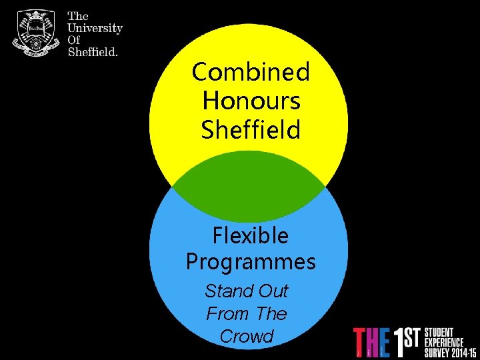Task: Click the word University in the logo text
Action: pyautogui.click(x=95, y=28)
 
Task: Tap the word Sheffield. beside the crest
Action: pyautogui.click(x=93, y=52)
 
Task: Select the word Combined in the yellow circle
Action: pyautogui.click(x=251, y=71)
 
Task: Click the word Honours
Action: pyautogui.click(x=251, y=101)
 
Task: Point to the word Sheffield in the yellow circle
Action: pyautogui.click(x=251, y=130)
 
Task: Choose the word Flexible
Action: pyautogui.click(x=251, y=235)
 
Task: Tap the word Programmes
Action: pyautogui.click(x=251, y=262)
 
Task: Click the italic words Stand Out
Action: pyautogui.click(x=247, y=291)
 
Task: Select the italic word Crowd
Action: pyautogui.click(x=247, y=337)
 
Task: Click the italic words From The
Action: pyautogui.click(x=247, y=314)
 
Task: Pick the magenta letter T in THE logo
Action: pyautogui.click(x=360, y=341)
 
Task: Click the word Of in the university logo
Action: pyautogui.click(x=74, y=40)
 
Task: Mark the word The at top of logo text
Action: pyautogui.click(x=78, y=16)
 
